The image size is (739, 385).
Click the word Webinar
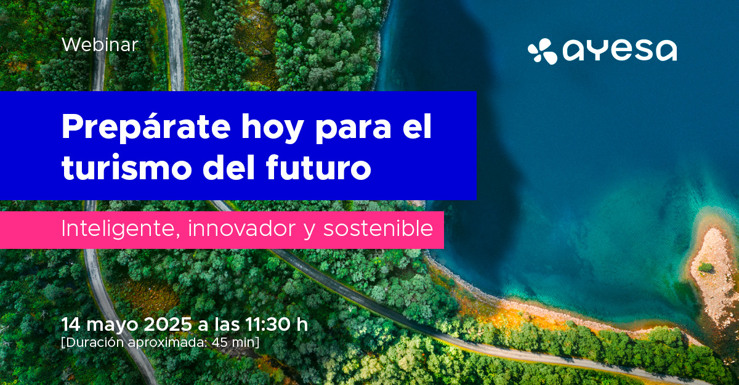[x=100, y=44]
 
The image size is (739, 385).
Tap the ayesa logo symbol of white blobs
[x=543, y=51]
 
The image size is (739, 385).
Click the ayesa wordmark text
[x=620, y=51]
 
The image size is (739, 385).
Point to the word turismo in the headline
[x=127, y=167]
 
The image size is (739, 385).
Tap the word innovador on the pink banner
[x=242, y=229]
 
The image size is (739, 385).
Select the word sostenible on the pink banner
[x=378, y=229]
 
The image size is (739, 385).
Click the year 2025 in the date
[x=168, y=324]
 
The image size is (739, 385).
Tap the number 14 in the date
[x=71, y=324]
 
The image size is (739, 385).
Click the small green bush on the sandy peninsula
[x=706, y=267]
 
